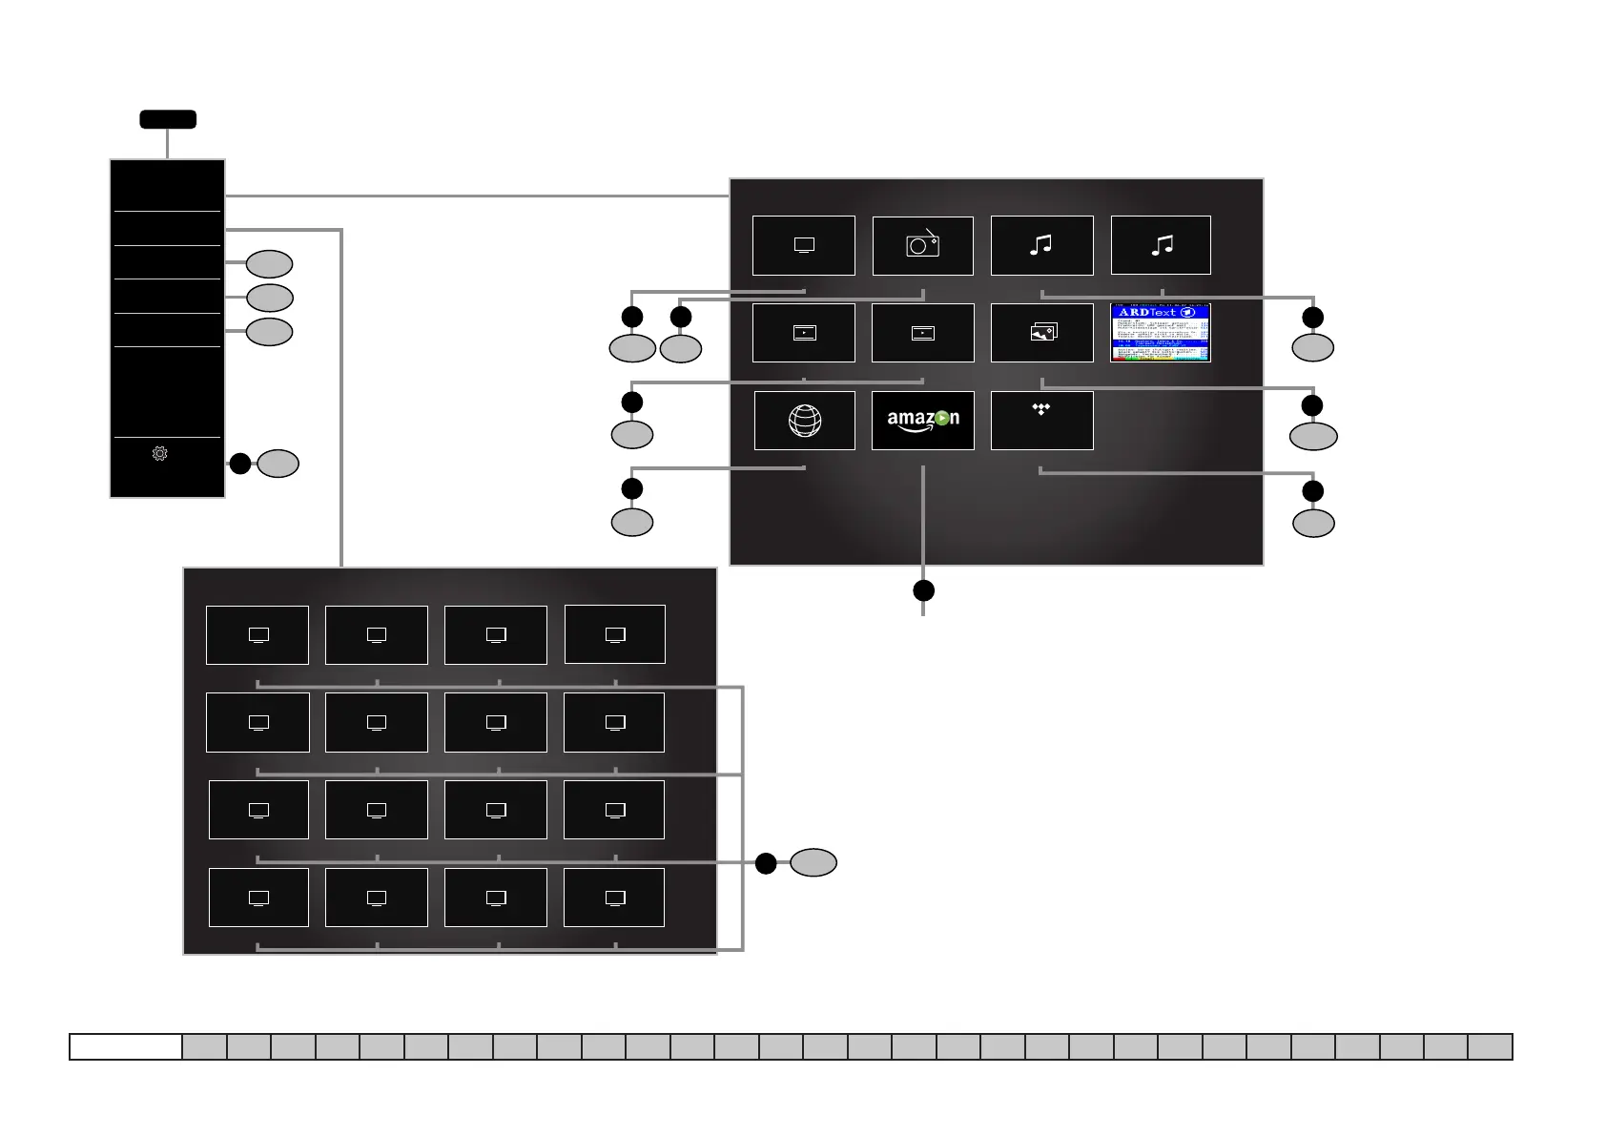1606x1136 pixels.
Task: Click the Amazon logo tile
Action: point(922,421)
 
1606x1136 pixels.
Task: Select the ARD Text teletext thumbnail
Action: point(1161,333)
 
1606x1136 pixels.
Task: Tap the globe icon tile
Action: point(804,421)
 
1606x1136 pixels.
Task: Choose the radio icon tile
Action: point(922,245)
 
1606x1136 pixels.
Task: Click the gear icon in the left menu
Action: point(160,454)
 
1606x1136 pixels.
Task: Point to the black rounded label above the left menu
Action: point(168,119)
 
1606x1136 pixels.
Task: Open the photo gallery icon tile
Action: point(1041,333)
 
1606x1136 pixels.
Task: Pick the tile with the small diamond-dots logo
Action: point(1041,421)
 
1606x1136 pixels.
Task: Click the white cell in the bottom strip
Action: point(126,1046)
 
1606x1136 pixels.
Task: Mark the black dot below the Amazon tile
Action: point(923,590)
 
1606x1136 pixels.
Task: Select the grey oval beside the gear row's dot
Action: point(278,464)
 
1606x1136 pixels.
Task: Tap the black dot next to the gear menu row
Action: point(240,464)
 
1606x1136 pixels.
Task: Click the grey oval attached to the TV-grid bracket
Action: point(813,862)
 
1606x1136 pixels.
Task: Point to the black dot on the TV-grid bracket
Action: point(766,863)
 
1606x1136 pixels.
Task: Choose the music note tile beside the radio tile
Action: point(1041,245)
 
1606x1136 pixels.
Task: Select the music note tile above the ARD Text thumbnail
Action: point(1161,245)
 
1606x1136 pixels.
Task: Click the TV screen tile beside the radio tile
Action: point(804,245)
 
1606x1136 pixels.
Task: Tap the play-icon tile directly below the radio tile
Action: point(922,333)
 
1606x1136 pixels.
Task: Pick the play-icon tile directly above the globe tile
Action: point(804,333)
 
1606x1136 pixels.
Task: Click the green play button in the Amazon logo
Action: point(942,418)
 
